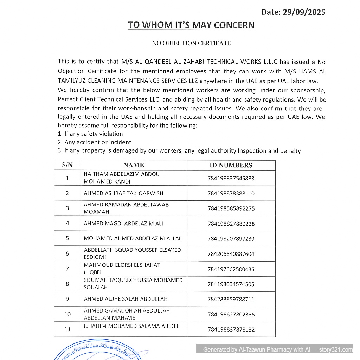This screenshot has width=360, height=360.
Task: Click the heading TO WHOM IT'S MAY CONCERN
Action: pyautogui.click(x=191, y=25)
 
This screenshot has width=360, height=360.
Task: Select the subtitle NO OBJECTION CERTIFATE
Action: pyautogui.click(x=191, y=43)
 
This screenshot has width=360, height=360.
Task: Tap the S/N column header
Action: pyautogui.click(x=67, y=165)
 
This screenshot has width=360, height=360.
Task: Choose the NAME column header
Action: pyautogui.click(x=134, y=165)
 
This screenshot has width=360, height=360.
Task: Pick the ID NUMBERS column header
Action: pyautogui.click(x=231, y=165)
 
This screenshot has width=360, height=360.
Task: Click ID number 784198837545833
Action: pyautogui.click(x=231, y=178)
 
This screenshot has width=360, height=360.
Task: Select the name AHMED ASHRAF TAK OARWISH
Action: pyautogui.click(x=123, y=193)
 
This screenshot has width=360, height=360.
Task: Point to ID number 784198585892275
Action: pyautogui.click(x=231, y=208)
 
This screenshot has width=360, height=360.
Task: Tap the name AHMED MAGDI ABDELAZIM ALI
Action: pyautogui.click(x=123, y=224)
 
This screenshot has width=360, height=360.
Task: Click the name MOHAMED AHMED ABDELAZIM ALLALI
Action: pyautogui.click(x=133, y=238)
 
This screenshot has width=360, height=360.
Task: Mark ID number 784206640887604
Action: pyautogui.click(x=231, y=254)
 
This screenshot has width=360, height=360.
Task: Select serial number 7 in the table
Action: pyautogui.click(x=67, y=269)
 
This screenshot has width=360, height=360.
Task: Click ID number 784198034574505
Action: pyautogui.click(x=231, y=284)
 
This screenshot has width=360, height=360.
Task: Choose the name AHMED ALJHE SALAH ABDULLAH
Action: pyautogui.click(x=126, y=299)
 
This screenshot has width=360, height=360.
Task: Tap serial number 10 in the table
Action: pyautogui.click(x=67, y=314)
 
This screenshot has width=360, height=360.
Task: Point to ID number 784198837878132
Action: pyautogui.click(x=231, y=329)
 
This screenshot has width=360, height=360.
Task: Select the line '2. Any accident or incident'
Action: pyautogui.click(x=94, y=142)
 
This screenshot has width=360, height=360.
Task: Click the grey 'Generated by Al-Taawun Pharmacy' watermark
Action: pyautogui.click(x=278, y=349)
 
